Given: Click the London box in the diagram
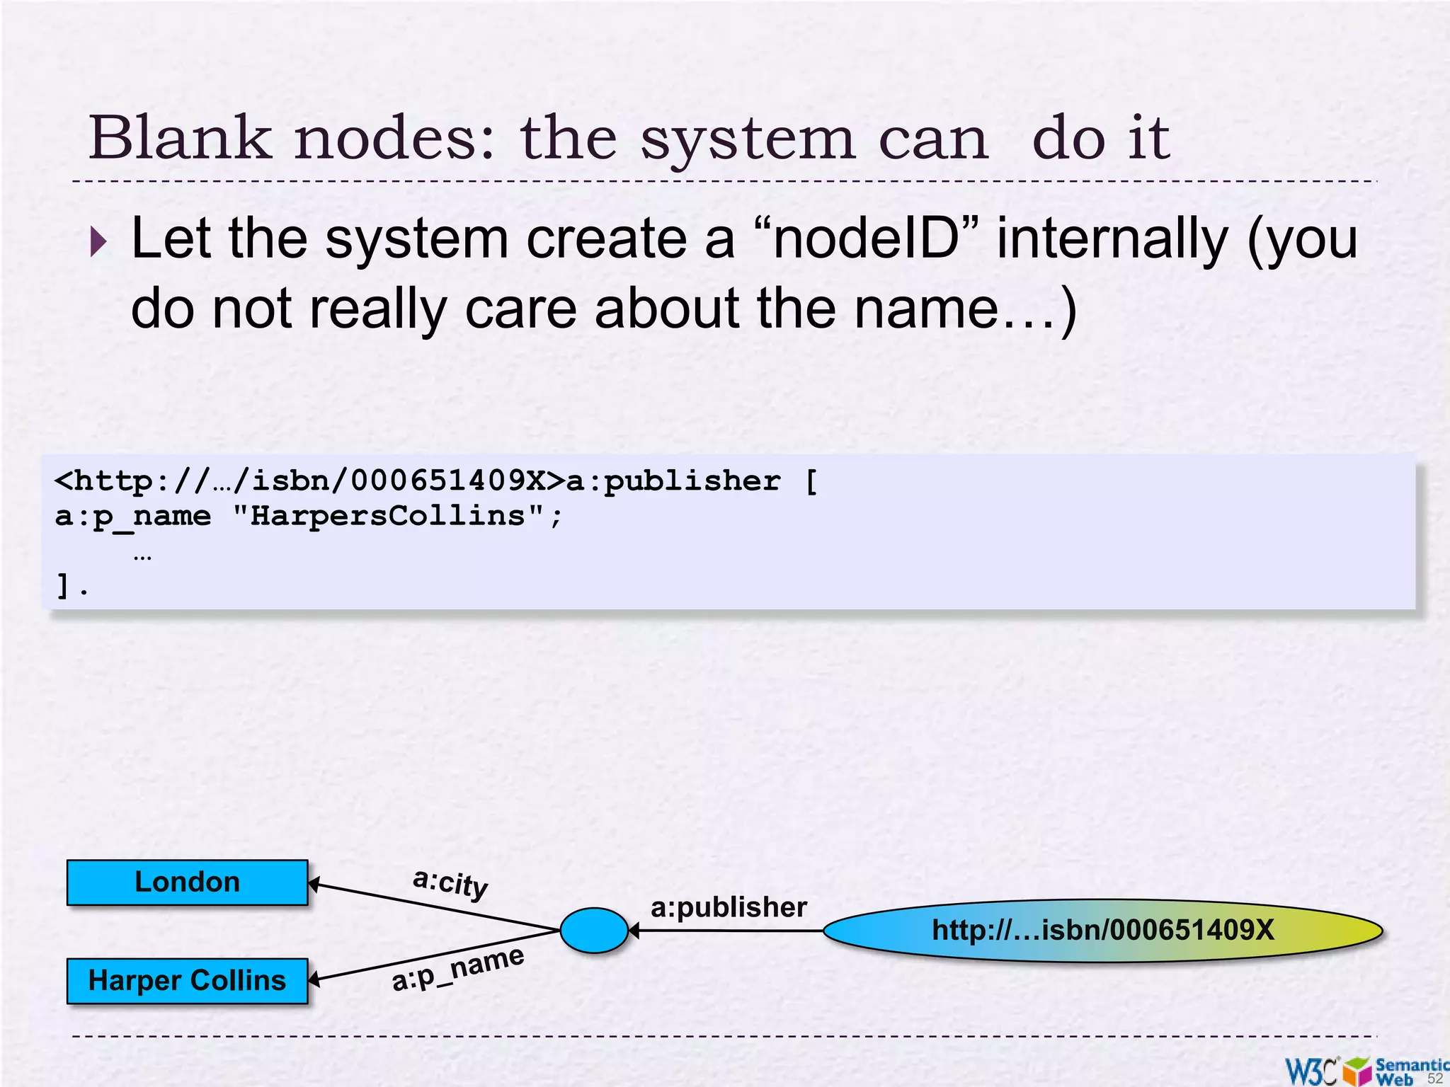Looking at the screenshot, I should tap(188, 882).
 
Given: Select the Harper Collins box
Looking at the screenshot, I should tap(188, 981).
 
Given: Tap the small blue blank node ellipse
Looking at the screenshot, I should tap(594, 931).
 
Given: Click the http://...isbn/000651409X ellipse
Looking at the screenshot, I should tap(1102, 931).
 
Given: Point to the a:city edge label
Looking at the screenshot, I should tap(451, 883).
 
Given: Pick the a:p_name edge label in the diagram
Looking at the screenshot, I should tap(458, 969).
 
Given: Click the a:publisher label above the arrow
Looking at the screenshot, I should tap(729, 907).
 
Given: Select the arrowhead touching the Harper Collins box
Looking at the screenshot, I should tap(315, 980).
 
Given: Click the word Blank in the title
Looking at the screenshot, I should tap(181, 138).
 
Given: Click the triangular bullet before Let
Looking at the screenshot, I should tap(98, 242).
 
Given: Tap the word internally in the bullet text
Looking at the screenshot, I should tap(1111, 239).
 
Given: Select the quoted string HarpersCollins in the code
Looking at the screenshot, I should tap(388, 516).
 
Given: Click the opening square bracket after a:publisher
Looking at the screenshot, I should tap(811, 482).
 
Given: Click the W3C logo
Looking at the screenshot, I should tap(1312, 1071).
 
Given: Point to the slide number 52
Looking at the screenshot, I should tap(1434, 1079).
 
